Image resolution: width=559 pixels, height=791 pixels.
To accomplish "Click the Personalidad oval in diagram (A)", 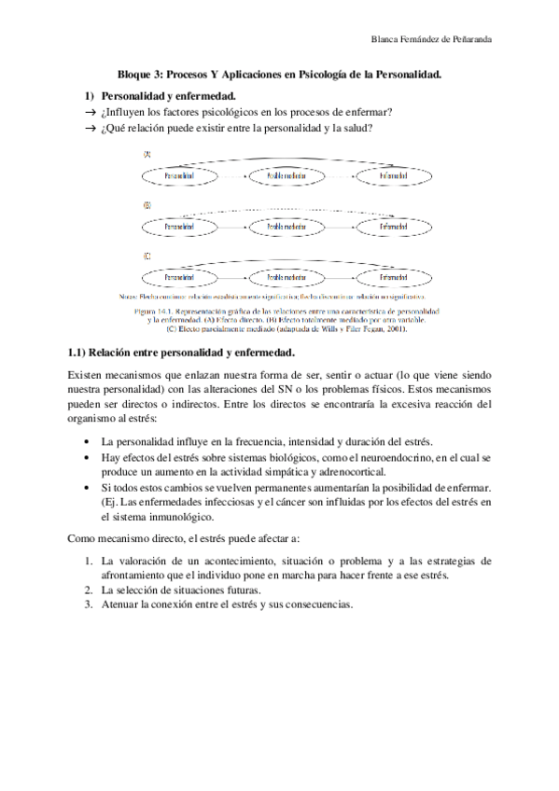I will pyautogui.click(x=178, y=176).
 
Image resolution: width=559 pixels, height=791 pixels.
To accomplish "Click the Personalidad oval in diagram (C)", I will pyautogui.click(x=178, y=277).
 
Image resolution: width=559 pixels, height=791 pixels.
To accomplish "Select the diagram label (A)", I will pyautogui.click(x=147, y=154).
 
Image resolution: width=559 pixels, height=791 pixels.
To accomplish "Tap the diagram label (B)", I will pyautogui.click(x=147, y=204).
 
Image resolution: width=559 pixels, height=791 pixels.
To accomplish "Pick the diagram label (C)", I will pyautogui.click(x=147, y=255).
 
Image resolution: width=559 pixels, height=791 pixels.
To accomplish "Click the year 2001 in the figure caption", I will pyautogui.click(x=397, y=328).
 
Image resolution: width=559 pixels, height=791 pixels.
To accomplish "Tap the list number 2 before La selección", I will pyautogui.click(x=88, y=590).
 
